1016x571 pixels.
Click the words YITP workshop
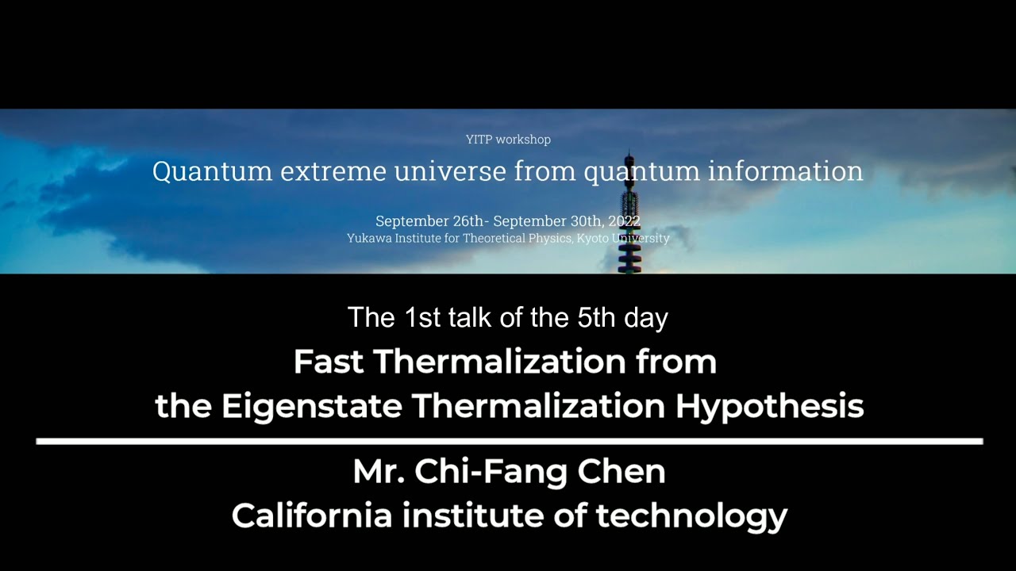pos(508,140)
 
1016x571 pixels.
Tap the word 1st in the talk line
pos(421,318)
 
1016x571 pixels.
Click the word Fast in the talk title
pos(329,362)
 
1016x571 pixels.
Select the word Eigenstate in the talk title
pos(312,406)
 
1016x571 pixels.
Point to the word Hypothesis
pos(769,406)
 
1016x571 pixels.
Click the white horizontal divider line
pos(509,441)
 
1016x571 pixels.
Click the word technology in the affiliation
pos(691,515)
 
